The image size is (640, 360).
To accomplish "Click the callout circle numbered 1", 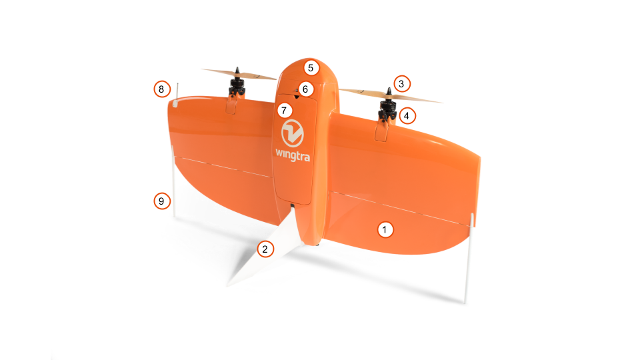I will pos(384,229).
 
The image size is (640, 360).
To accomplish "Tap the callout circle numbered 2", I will pos(265,249).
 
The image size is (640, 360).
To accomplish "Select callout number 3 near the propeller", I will pos(401,84).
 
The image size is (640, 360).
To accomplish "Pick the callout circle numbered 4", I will pos(407,115).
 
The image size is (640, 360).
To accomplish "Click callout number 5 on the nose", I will pos(311,67).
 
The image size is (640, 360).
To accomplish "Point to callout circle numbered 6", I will pos(305,89).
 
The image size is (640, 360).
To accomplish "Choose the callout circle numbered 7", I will pos(285,109).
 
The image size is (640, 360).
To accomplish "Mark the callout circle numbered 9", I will pos(160,200).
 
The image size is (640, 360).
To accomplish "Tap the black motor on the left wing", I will pos(236,87).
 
